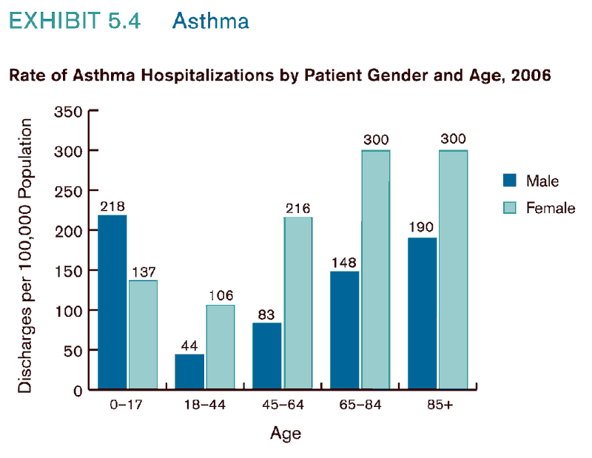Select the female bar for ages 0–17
point(143,334)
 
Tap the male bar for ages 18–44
point(189,371)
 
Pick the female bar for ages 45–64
point(297,303)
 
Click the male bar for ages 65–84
point(344,330)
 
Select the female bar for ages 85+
point(453,269)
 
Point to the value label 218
point(112,207)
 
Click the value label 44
point(189,346)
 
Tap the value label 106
point(220,296)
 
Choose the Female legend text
point(550,208)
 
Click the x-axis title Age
point(286,433)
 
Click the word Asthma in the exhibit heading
point(210,21)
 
